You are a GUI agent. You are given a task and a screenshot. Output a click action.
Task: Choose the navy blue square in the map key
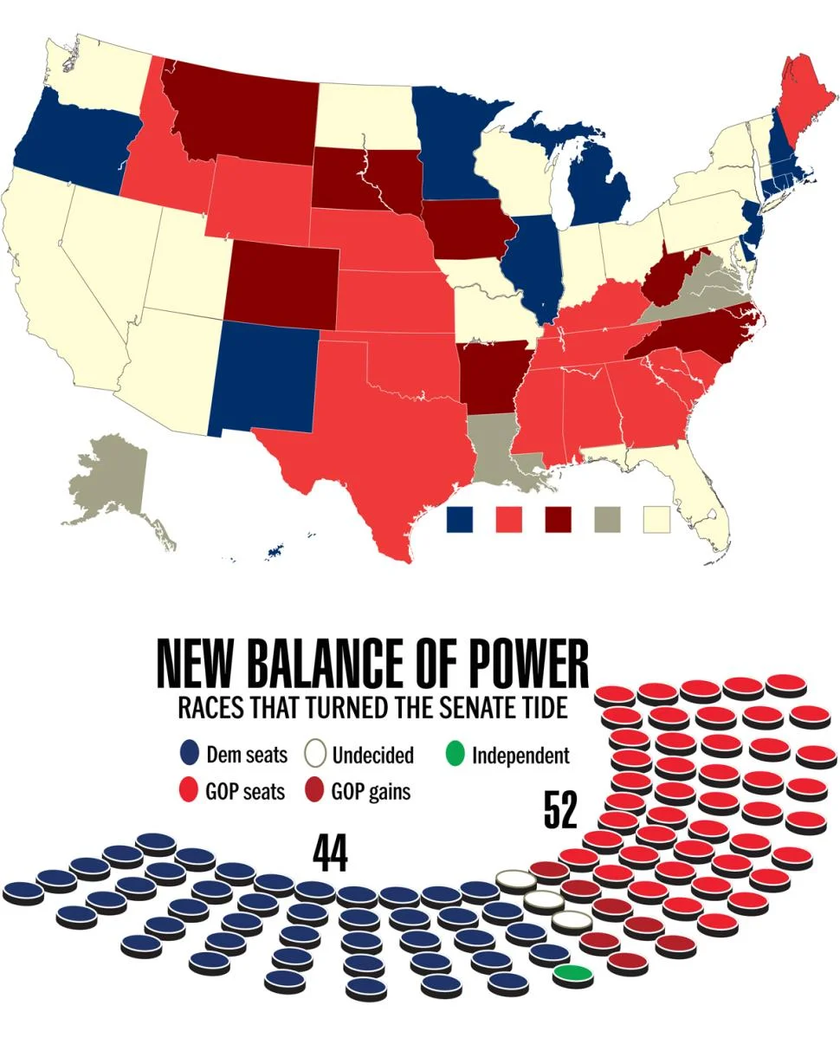coord(460,520)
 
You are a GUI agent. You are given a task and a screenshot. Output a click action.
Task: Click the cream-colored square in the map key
coord(657,520)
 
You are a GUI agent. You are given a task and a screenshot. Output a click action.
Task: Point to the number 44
coord(330,854)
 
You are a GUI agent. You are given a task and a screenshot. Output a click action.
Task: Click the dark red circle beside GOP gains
coord(316,791)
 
